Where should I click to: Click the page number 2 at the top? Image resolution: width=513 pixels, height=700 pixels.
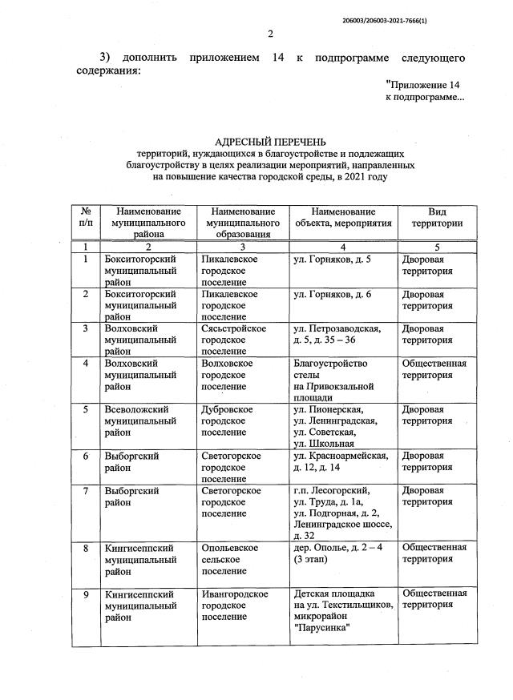[270, 34]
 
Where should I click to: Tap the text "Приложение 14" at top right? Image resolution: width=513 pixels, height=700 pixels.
[424, 83]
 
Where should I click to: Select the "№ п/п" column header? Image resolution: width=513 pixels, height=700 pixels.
[86, 217]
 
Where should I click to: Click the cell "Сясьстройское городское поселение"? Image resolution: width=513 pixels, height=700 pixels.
[240, 340]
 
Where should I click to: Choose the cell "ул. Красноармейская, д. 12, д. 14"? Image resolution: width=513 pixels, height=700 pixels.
[341, 461]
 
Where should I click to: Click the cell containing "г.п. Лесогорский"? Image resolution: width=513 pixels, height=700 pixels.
[332, 490]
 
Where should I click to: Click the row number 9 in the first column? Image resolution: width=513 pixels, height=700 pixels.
[86, 593]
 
